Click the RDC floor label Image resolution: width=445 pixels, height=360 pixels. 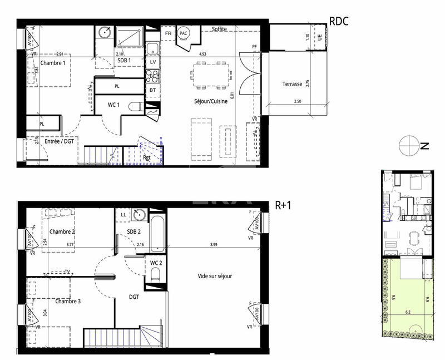pos(339,22)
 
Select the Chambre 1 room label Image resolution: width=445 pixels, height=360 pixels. pos(52,63)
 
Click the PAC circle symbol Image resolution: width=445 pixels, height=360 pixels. pos(184,33)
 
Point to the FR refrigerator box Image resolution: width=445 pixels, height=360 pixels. pos(168,33)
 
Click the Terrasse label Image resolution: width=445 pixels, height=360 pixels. pos(292,84)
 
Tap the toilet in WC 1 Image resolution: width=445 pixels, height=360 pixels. pos(134,106)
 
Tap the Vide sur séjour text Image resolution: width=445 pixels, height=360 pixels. pos(215,276)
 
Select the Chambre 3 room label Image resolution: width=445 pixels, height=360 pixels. pos(67,301)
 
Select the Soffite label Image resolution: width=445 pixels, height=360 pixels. pos(219,29)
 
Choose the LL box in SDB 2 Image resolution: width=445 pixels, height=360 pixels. pos(123,214)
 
